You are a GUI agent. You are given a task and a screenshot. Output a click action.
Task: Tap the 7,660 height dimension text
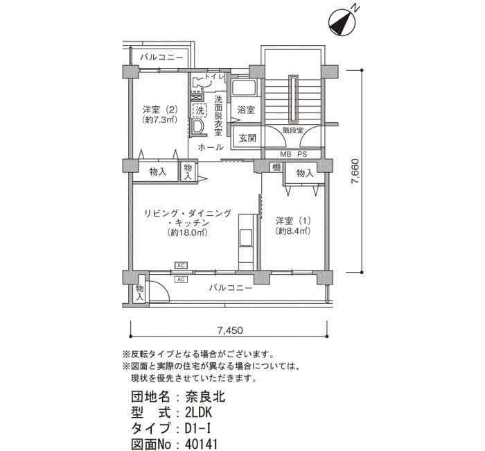tap(355, 170)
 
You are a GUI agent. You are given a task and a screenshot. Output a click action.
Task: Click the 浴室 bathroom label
tap(246, 110)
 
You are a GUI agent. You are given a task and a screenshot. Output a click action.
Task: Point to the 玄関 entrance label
tap(247, 138)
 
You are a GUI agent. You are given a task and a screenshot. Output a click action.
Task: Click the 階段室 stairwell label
tap(292, 129)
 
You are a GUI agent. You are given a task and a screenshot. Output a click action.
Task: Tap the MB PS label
tap(292, 153)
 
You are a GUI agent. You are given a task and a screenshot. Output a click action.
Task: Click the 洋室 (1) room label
tap(292, 221)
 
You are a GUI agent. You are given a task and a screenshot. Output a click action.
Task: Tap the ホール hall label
tap(211, 148)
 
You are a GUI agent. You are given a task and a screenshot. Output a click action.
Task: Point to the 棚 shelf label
tap(276, 167)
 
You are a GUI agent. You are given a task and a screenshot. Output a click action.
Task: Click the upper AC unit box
tap(181, 266)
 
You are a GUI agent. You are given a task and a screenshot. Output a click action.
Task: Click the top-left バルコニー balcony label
tap(161, 57)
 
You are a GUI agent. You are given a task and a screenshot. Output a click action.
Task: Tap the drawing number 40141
tap(205, 441)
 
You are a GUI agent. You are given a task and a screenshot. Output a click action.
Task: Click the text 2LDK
tap(201, 413)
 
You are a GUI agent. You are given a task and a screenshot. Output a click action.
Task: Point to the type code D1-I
tap(199, 427)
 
